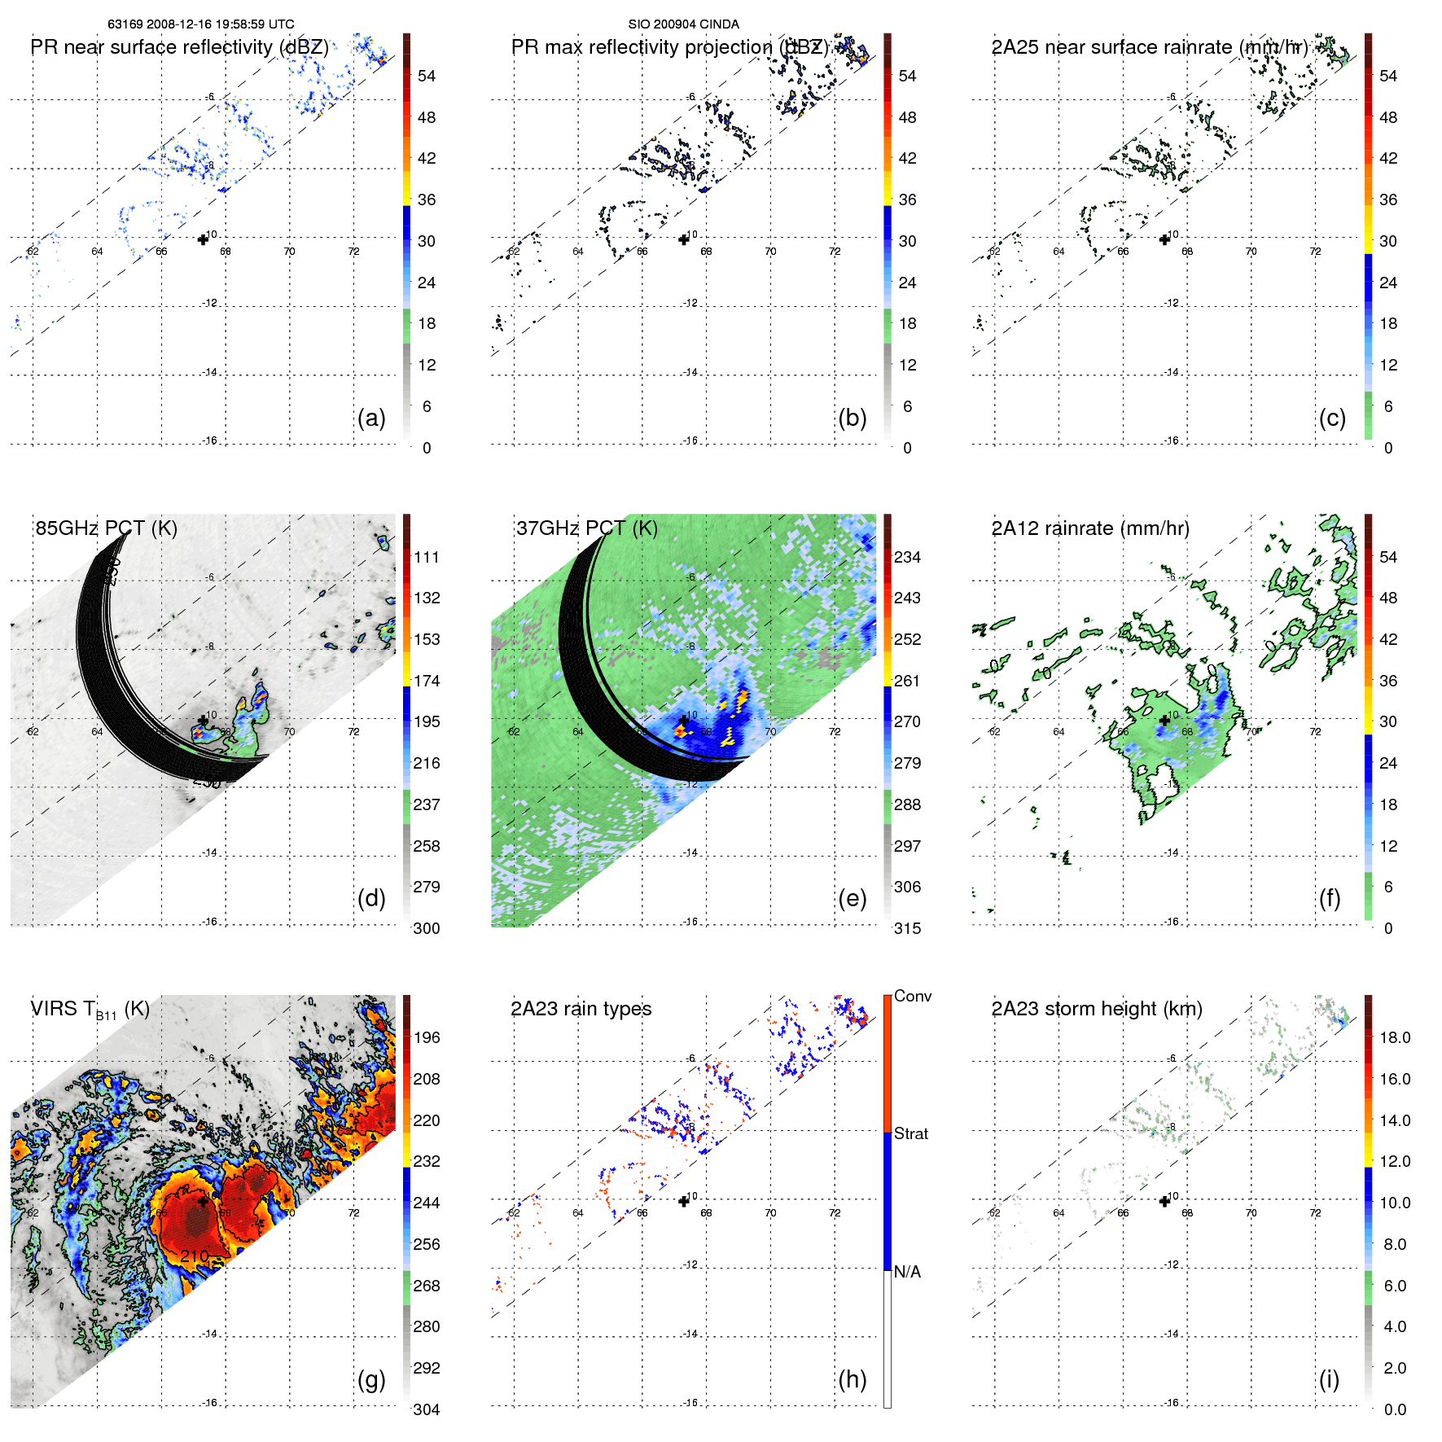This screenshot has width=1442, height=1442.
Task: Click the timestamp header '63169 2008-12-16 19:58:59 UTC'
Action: click(x=200, y=24)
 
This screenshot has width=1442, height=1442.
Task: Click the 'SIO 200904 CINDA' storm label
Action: click(x=683, y=24)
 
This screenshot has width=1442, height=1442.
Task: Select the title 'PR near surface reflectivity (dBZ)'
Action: click(x=179, y=47)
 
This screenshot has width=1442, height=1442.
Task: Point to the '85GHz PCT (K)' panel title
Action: click(x=106, y=528)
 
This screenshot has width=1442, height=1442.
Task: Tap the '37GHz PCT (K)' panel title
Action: click(x=586, y=528)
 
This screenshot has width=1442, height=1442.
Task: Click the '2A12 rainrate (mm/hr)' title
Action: click(x=1089, y=528)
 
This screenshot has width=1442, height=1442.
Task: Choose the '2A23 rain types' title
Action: click(x=581, y=1009)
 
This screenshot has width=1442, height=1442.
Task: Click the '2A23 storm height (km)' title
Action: click(x=1096, y=1009)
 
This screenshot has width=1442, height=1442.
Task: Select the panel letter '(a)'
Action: click(x=371, y=418)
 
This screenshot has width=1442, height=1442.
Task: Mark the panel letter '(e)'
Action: click(x=852, y=898)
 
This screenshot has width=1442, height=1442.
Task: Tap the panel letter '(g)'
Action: click(x=371, y=1379)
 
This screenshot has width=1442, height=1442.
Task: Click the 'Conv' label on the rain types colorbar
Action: click(x=912, y=996)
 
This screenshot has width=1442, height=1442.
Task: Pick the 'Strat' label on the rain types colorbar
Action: click(x=910, y=1133)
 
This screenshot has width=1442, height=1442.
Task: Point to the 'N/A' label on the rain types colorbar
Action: click(x=907, y=1272)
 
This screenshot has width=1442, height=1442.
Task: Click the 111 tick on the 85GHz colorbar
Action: click(x=426, y=557)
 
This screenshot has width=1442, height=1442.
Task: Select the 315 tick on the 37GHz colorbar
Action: click(x=907, y=928)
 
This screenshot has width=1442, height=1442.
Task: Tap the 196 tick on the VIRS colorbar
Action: click(x=426, y=1037)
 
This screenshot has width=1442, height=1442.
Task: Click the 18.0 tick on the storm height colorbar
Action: click(x=1394, y=1037)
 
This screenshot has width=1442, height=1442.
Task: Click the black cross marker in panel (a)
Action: click(x=203, y=239)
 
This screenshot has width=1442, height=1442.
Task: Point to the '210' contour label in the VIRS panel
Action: click(x=194, y=1256)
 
